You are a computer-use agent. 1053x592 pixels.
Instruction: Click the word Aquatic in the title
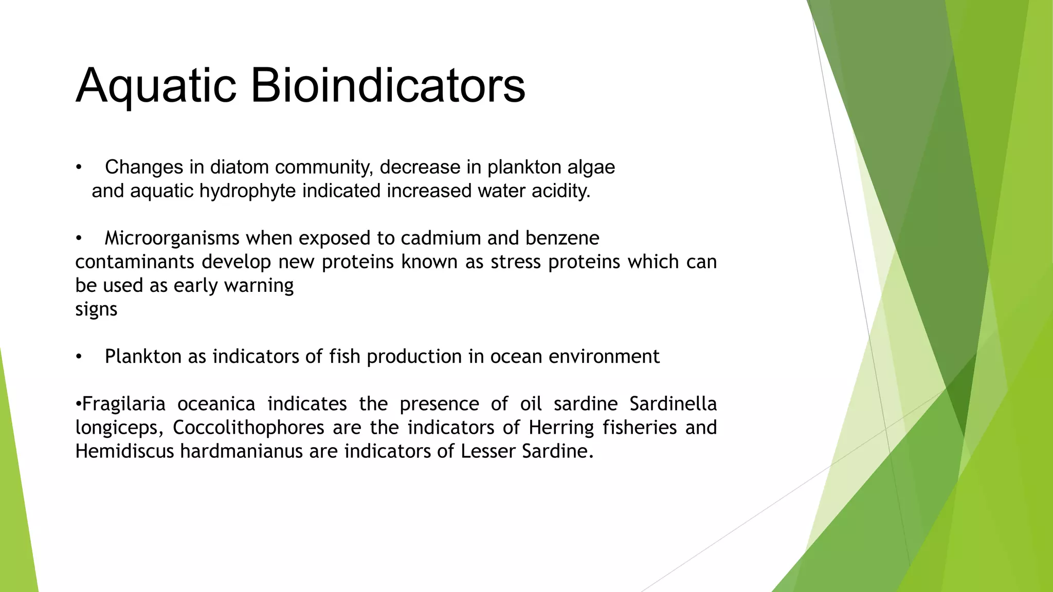click(x=156, y=86)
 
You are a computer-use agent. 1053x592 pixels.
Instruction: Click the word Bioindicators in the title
click(x=388, y=86)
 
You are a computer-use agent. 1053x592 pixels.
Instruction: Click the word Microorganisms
click(x=172, y=238)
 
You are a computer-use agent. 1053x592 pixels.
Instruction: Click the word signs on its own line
click(x=96, y=309)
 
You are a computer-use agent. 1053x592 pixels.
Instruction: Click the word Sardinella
click(x=673, y=404)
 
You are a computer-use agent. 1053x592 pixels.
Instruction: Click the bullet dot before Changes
click(x=79, y=168)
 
